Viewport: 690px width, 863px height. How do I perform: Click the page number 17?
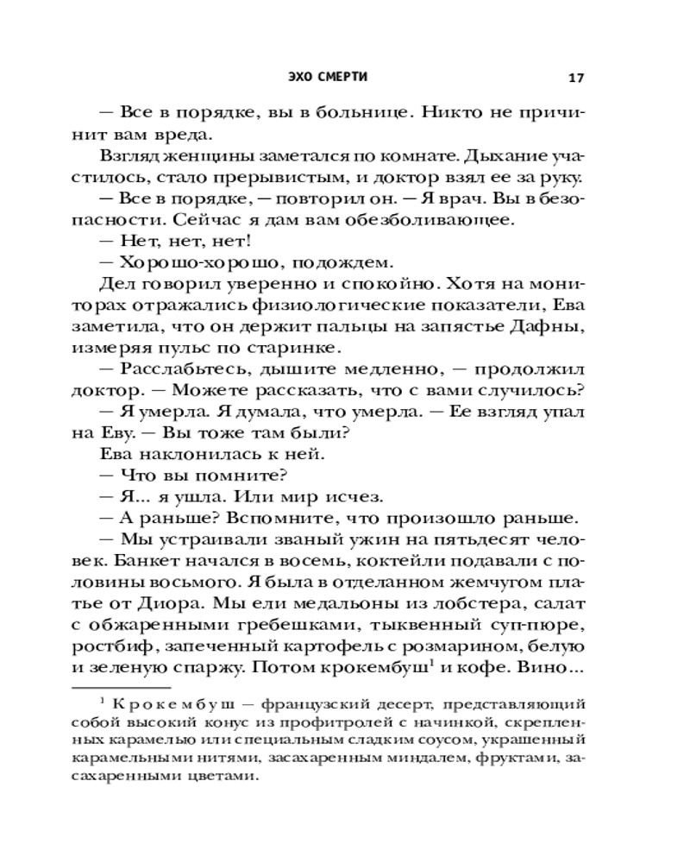coord(577,78)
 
